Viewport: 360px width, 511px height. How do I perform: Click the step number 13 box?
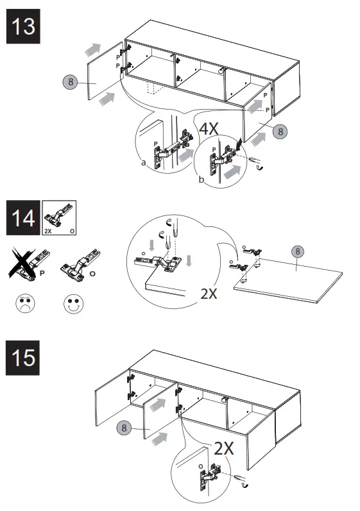point(23,26)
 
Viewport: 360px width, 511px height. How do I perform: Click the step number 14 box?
point(23,218)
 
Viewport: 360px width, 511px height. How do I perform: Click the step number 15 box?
point(23,358)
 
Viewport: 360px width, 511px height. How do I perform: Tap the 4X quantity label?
point(209,129)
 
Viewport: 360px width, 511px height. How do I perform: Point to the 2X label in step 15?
point(224,448)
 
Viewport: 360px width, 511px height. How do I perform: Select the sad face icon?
point(25,304)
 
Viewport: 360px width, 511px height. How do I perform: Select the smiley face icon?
point(73,304)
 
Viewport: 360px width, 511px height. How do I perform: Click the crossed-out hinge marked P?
point(29,264)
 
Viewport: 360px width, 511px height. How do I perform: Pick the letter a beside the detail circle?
point(144,163)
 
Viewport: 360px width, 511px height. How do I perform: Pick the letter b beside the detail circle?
point(201,180)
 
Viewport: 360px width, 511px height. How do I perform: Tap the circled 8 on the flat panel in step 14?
point(297,251)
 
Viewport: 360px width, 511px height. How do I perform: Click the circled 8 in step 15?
point(124,428)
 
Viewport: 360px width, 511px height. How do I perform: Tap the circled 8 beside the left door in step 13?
point(71,81)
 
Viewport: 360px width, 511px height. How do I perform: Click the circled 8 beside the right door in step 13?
point(280,131)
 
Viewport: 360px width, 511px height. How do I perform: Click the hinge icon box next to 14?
point(59,218)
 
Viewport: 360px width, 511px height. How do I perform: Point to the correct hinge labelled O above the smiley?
point(80,265)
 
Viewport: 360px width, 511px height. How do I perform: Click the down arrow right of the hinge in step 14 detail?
point(189,261)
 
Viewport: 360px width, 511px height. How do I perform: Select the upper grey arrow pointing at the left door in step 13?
point(93,49)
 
